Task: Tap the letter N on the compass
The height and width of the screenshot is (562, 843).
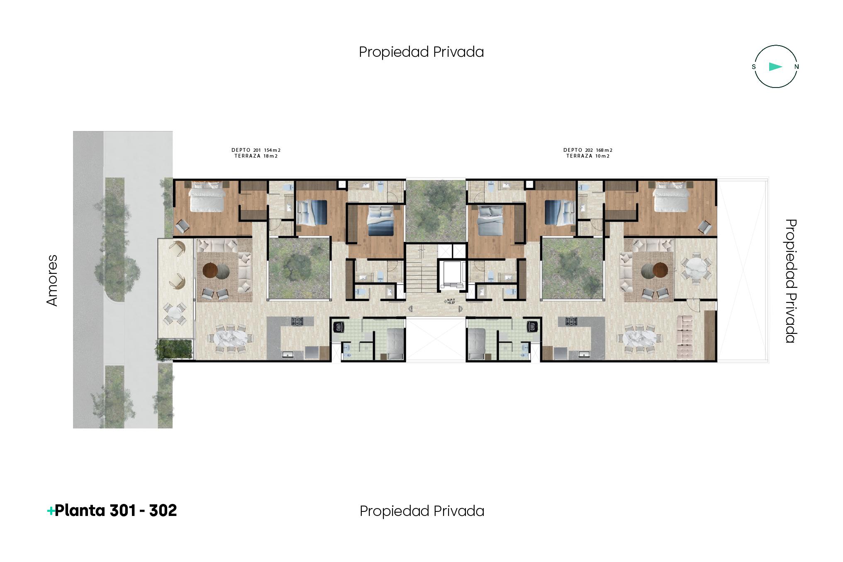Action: [x=797, y=67]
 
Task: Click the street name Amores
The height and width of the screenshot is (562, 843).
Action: [x=52, y=280]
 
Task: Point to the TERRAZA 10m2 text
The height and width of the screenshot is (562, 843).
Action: [x=588, y=156]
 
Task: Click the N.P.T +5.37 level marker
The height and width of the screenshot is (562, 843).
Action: [x=450, y=302]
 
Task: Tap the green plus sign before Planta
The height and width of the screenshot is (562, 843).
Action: [x=51, y=511]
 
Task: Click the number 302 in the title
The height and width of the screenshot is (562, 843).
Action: [x=163, y=511]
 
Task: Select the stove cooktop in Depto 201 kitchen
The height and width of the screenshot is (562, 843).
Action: [x=297, y=321]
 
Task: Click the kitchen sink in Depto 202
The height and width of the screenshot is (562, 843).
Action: [x=584, y=354]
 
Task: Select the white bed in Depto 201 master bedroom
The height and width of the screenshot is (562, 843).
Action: [x=206, y=197]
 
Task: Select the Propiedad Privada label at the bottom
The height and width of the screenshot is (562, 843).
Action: [x=421, y=511]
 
